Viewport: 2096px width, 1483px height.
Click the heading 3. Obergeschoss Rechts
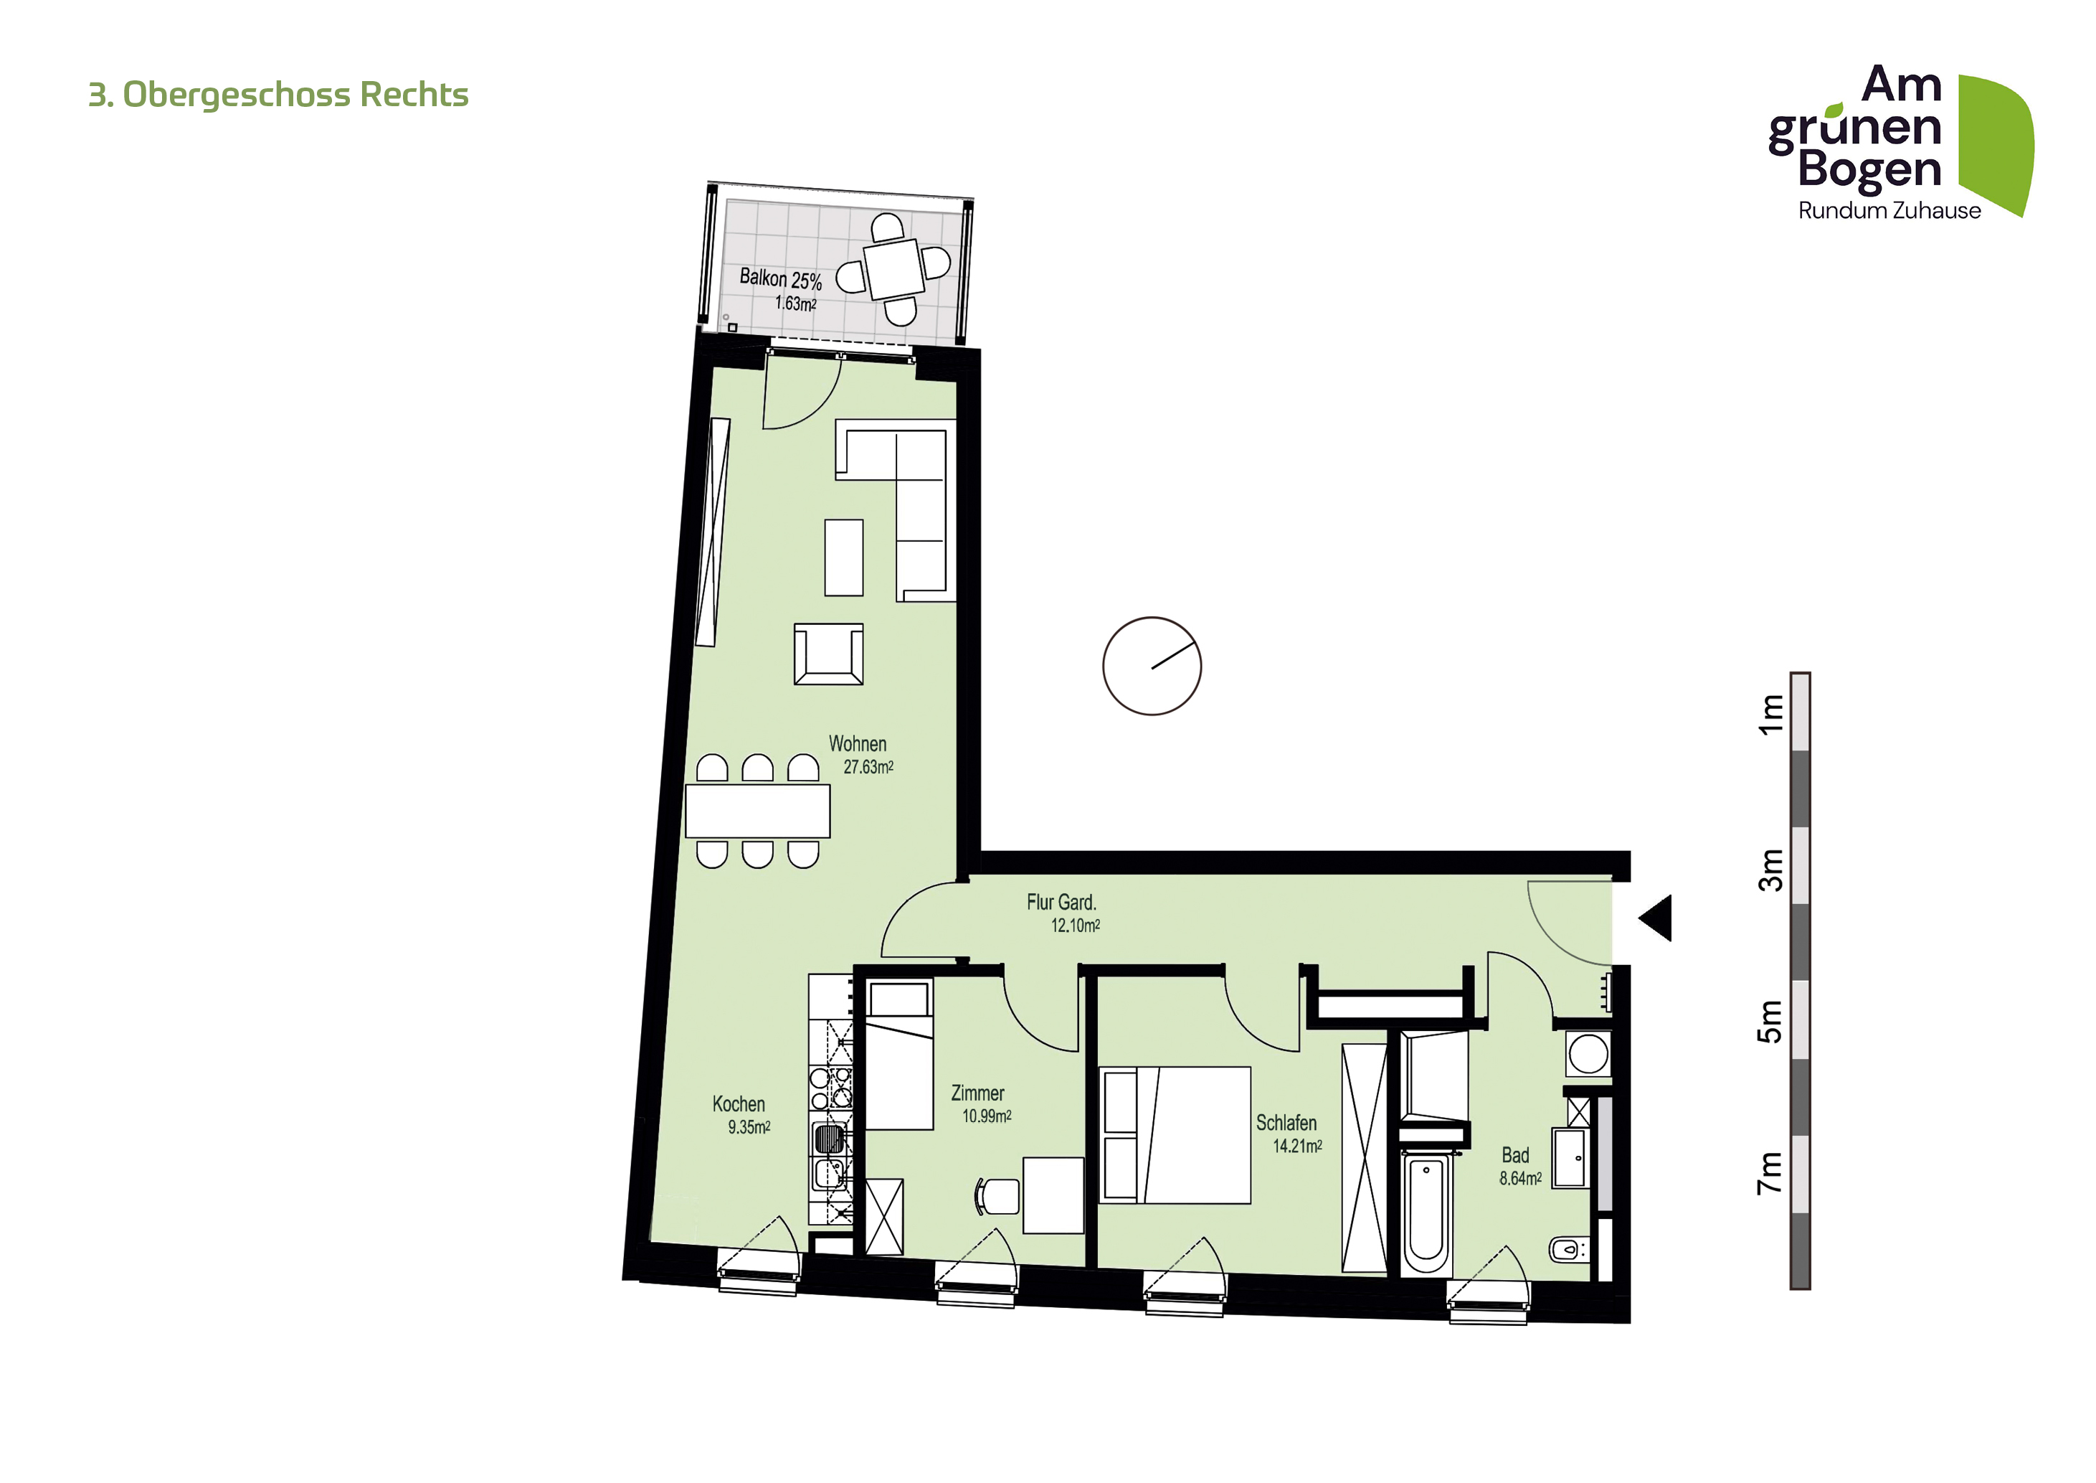278,95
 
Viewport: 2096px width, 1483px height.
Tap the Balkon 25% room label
780,278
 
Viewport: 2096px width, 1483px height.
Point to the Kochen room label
739,1104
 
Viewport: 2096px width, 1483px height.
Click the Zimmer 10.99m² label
982,1104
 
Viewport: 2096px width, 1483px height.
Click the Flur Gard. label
1061,903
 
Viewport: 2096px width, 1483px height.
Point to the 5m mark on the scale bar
1770,1021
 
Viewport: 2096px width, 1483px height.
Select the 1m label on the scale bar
1770,714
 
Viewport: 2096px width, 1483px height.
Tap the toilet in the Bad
1569,1248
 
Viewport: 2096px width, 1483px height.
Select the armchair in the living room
828,654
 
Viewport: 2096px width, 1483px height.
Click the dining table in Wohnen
758,810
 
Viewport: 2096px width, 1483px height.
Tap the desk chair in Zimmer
997,1196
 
